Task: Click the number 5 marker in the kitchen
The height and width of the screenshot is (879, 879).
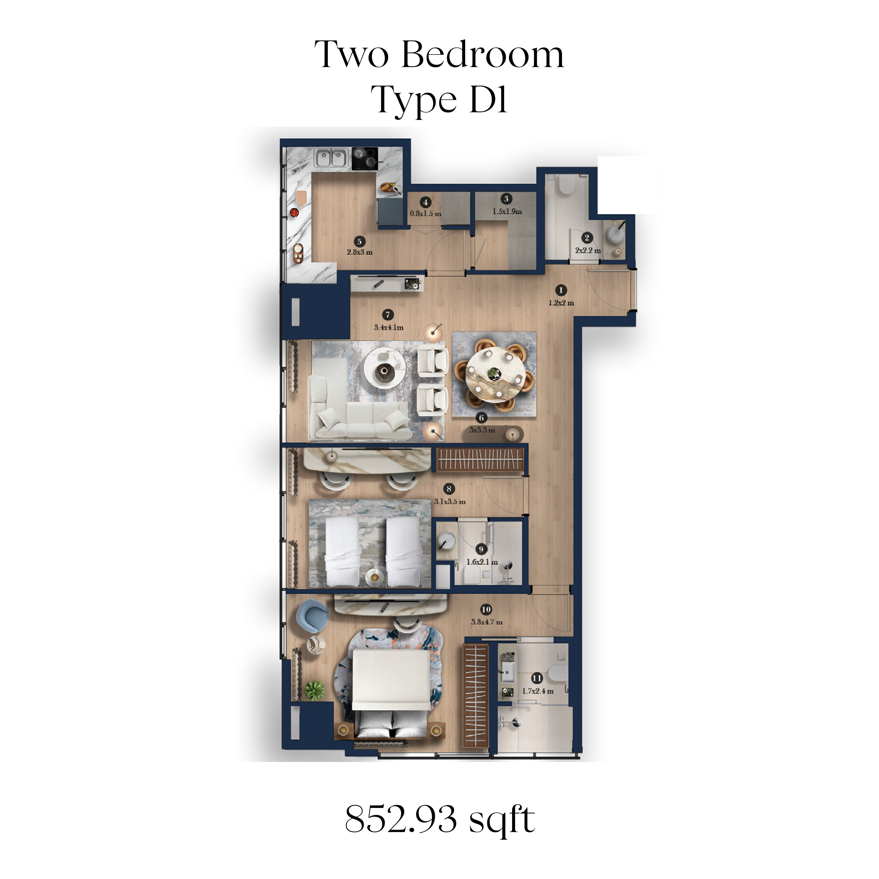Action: point(359,242)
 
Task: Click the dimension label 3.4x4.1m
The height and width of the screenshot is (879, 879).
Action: point(389,327)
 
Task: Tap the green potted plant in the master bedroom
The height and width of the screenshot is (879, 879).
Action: point(314,690)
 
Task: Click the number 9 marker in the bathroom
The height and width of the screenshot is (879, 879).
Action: point(481,549)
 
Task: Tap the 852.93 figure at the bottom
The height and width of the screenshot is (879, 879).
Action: point(401,819)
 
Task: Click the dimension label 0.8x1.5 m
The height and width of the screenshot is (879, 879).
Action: point(425,213)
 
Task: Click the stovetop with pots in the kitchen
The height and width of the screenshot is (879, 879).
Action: point(364,159)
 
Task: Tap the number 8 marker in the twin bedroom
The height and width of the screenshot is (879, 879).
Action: point(449,489)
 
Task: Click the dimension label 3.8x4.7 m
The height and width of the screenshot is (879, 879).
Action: point(486,622)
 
